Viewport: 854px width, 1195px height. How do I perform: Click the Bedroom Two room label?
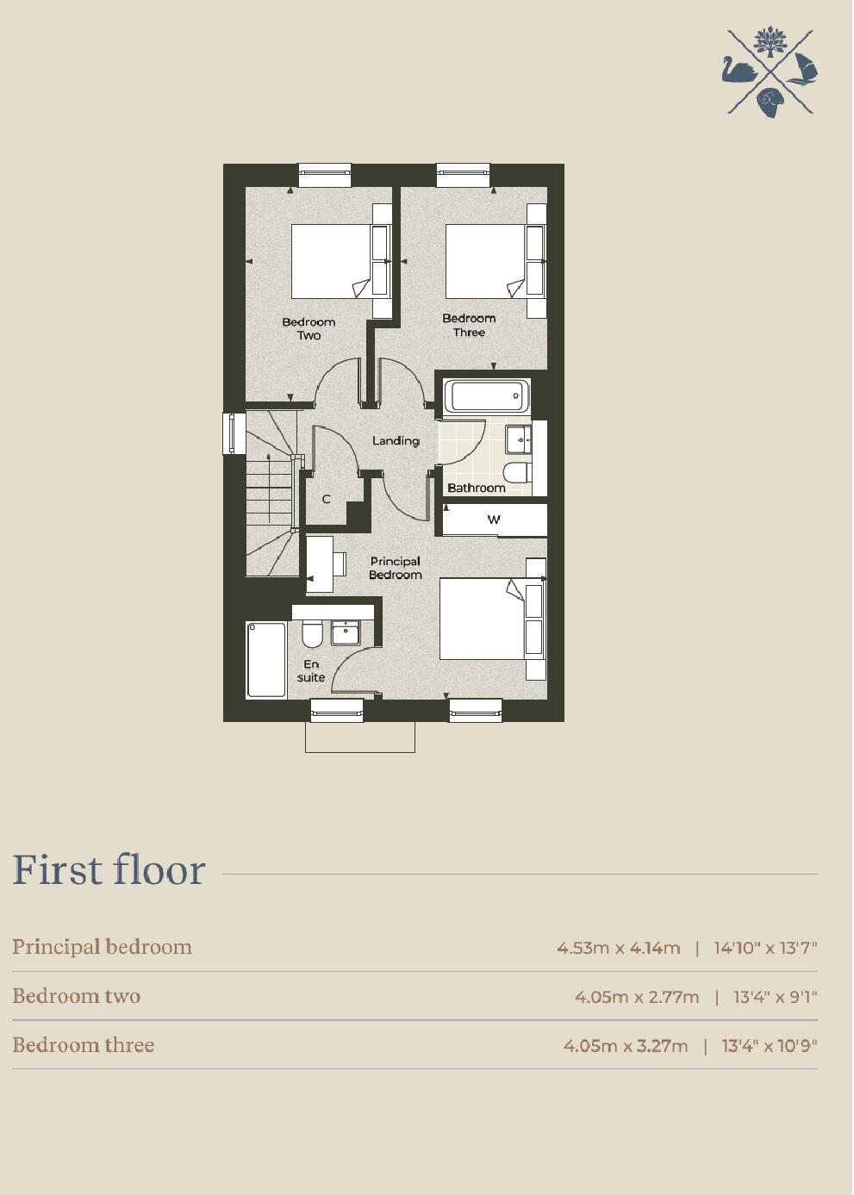(309, 329)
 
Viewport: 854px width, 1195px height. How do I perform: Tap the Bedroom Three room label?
(469, 325)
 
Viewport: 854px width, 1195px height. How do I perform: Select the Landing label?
(396, 440)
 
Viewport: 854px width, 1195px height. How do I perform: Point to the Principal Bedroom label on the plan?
(396, 568)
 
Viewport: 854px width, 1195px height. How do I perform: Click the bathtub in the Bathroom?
(486, 397)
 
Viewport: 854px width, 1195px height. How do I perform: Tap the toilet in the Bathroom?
(516, 472)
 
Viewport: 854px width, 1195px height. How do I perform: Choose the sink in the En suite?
(346, 632)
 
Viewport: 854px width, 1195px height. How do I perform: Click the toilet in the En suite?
(312, 634)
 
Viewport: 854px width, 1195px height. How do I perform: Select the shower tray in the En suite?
(266, 659)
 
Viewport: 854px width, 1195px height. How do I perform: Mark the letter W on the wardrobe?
(494, 520)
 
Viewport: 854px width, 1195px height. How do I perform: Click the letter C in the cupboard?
(327, 499)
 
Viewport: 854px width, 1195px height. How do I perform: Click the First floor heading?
(109, 870)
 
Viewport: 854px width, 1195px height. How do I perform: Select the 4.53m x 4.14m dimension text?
(619, 949)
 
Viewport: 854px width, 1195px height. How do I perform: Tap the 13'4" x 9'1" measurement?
(775, 998)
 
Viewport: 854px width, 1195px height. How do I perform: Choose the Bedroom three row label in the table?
(84, 1045)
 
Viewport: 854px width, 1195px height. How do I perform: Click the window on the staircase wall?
(231, 433)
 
